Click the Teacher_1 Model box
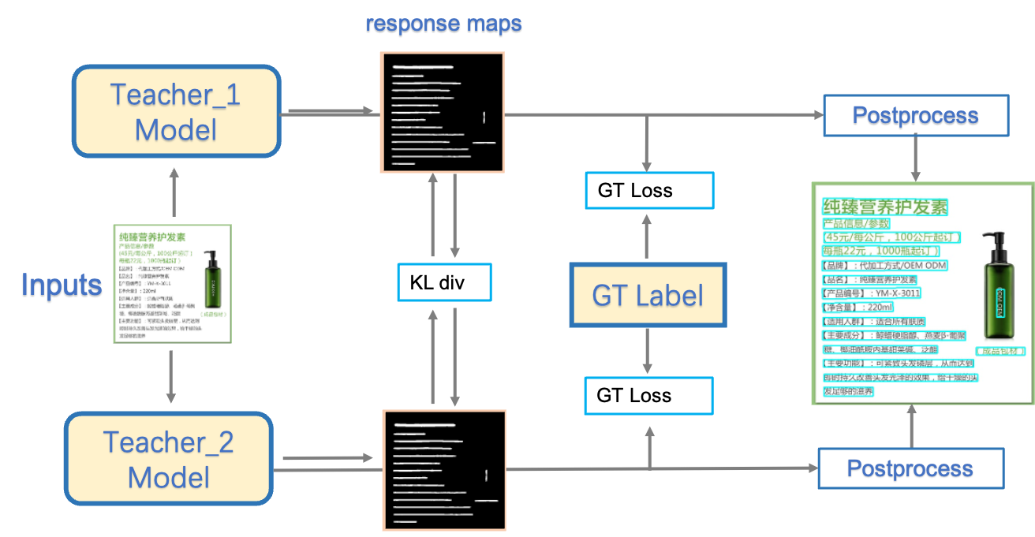tap(176, 111)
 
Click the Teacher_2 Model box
tap(169, 459)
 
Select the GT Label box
tap(648, 296)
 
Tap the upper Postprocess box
tap(915, 116)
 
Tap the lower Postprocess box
tap(910, 468)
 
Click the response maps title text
tap(443, 25)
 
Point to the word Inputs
tap(62, 285)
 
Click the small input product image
tap(173, 284)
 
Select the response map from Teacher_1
tap(442, 112)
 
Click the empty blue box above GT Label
tap(648, 190)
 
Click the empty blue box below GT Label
tap(648, 396)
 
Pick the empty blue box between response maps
tap(444, 282)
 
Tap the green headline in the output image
tap(884, 207)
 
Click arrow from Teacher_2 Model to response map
tap(327, 457)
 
